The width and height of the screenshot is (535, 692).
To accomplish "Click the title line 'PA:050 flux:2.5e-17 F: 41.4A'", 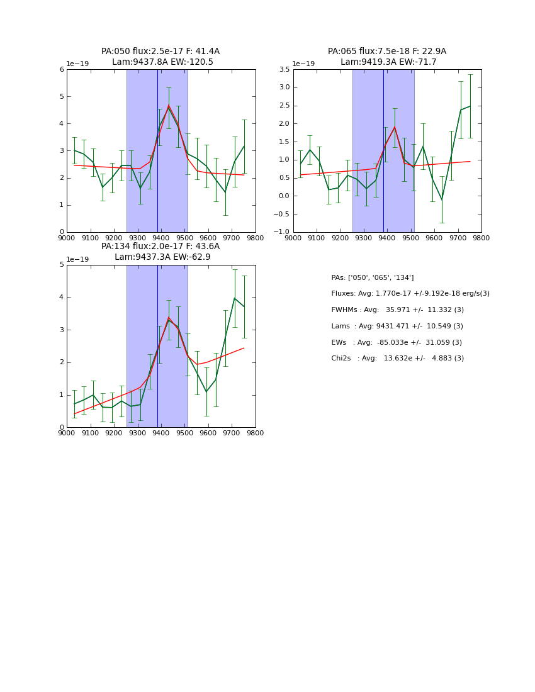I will [x=160, y=52].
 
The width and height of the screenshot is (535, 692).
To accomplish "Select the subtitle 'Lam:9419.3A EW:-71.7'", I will [x=388, y=62].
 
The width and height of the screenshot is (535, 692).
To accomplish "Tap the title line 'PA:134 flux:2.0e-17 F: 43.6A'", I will [x=160, y=247].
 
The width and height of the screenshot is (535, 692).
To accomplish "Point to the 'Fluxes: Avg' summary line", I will [x=410, y=294].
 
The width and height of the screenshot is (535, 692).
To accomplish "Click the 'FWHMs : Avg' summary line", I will [x=397, y=310].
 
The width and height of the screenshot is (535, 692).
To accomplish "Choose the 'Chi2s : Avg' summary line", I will [x=397, y=359].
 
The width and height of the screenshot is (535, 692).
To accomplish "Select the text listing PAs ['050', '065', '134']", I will [x=372, y=278].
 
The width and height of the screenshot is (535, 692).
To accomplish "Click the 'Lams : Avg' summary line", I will [x=397, y=326].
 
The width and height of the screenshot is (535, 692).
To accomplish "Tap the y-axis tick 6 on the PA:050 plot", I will [x=62, y=70].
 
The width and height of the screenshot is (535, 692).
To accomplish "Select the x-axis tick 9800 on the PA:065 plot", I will [x=481, y=238].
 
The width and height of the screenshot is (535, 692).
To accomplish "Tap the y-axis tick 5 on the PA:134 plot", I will [x=62, y=265].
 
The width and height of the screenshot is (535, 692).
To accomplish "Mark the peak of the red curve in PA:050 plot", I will [x=168, y=106].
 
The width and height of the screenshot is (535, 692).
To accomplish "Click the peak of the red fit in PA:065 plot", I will [x=395, y=127].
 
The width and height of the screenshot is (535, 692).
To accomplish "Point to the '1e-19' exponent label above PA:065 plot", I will [x=303, y=64].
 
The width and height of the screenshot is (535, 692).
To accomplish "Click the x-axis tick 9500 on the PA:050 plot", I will [x=184, y=238].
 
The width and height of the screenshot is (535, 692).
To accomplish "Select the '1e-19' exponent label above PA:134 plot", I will [x=77, y=259].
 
